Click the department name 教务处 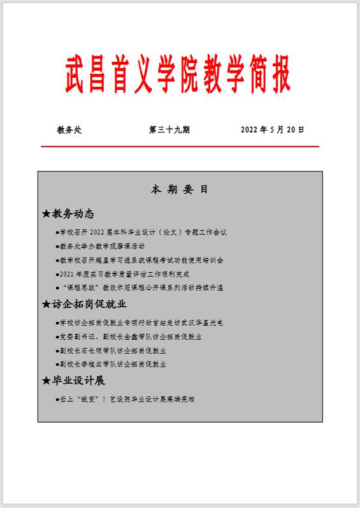click(69, 130)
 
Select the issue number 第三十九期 click(169, 130)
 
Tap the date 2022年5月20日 click(273, 130)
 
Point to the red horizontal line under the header click(180, 147)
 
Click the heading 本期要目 click(180, 190)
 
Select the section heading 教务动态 click(73, 214)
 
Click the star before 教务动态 click(46, 214)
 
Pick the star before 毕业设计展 click(46, 381)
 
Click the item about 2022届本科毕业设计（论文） click(143, 233)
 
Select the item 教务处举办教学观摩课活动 click(102, 246)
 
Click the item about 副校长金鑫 click(131, 337)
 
